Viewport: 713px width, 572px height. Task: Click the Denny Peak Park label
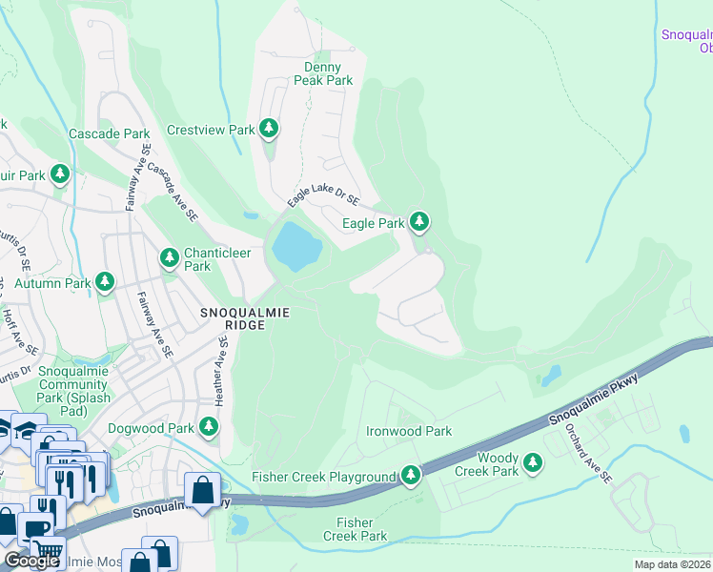pos(328,74)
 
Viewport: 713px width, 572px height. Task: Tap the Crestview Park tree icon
pos(270,128)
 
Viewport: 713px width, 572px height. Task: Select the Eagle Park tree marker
pos(418,222)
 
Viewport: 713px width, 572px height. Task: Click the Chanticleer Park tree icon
pos(170,256)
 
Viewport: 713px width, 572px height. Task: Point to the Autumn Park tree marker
pos(105,282)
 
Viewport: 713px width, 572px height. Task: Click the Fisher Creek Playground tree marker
pos(411,474)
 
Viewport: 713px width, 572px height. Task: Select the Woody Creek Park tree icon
pos(533,463)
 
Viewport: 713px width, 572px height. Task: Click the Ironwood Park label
pos(409,432)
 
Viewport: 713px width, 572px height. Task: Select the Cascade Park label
pos(110,134)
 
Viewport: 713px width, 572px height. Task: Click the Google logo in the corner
pos(31,560)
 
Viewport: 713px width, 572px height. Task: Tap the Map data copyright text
pos(672,564)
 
